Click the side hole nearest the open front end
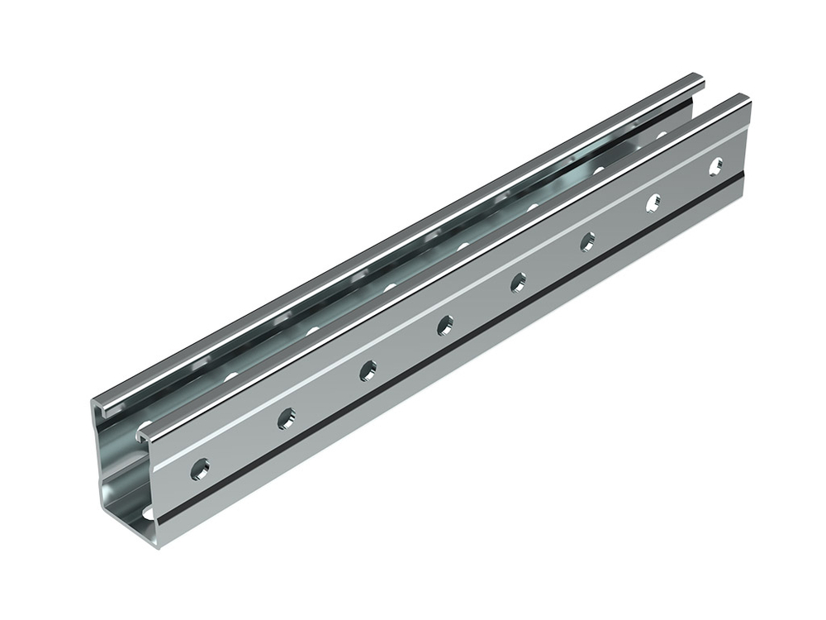[x=200, y=470]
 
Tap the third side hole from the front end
[x=368, y=370]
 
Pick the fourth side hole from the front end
[x=445, y=325]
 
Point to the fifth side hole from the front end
[x=518, y=282]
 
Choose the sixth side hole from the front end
[x=587, y=241]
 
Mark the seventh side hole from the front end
[x=653, y=202]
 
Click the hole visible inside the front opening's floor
[x=149, y=513]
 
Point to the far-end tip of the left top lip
[x=698, y=79]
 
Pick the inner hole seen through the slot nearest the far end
[x=661, y=136]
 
